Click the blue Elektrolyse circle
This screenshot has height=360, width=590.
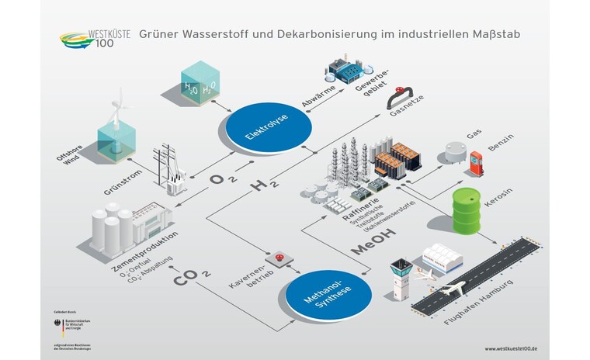click(268, 129)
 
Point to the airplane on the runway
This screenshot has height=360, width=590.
click(449, 289)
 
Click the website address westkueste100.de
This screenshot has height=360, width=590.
click(512, 349)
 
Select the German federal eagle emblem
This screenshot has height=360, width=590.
click(66, 320)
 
